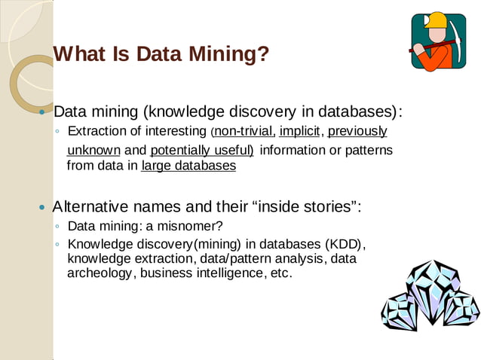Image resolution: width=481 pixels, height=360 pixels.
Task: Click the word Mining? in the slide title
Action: coord(233,54)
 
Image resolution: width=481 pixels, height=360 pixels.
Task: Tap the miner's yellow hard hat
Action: coord(436,21)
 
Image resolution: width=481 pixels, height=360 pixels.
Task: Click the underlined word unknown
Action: coord(93,150)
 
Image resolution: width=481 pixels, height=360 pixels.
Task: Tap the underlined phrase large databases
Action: coord(188,166)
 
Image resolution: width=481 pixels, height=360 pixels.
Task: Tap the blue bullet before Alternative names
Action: coord(42,207)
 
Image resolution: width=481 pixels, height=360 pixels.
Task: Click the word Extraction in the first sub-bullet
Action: coord(95,132)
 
